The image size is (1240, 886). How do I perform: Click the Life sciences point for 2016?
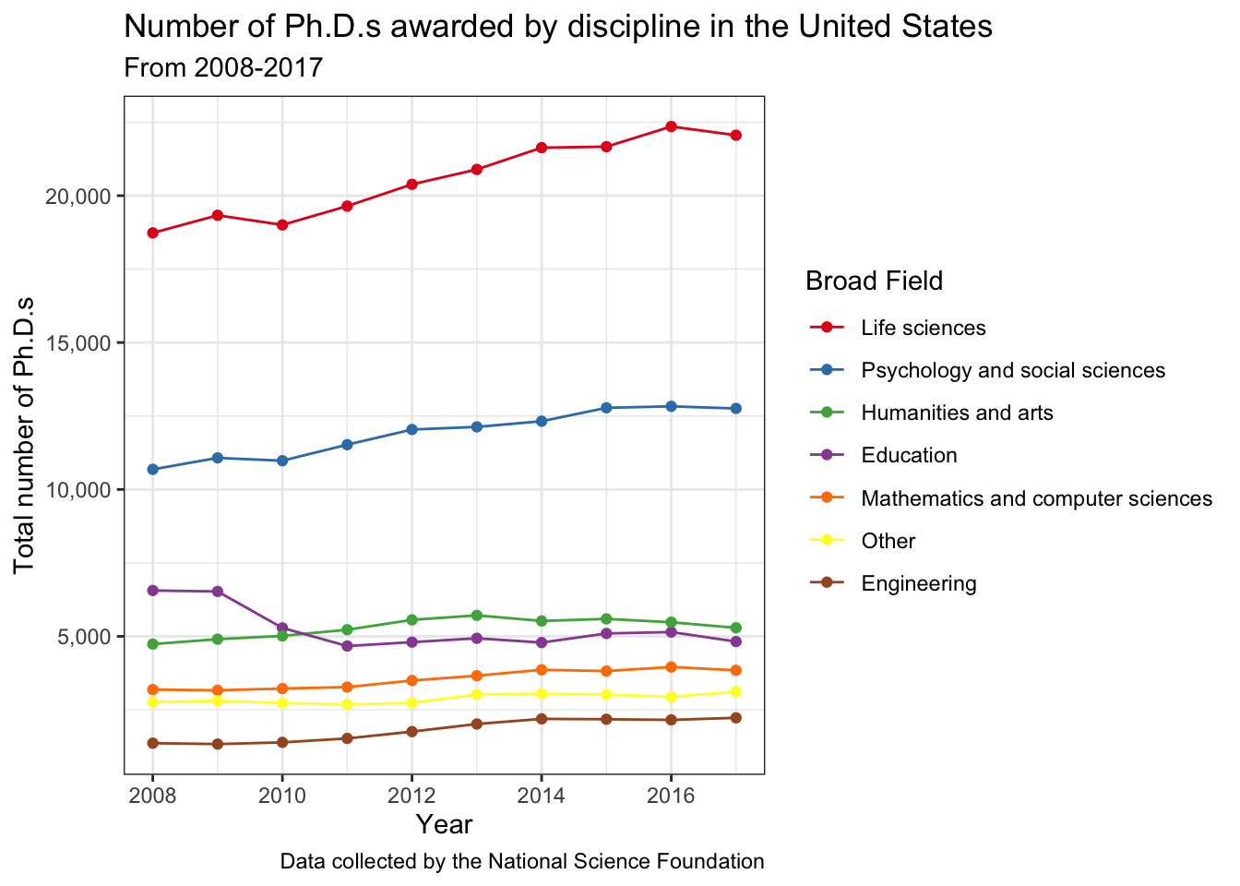click(x=671, y=126)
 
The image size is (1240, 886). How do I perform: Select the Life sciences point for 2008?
click(x=152, y=233)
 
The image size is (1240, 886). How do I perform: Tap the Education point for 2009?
click(x=218, y=592)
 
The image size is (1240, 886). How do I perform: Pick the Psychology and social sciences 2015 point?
click(x=606, y=408)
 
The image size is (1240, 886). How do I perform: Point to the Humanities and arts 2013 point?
click(x=477, y=616)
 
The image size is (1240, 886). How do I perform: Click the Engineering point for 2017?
click(x=736, y=717)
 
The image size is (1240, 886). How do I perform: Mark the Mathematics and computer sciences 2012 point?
click(x=411, y=680)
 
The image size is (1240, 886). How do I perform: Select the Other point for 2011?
click(x=347, y=704)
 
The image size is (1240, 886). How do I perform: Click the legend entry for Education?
click(x=909, y=456)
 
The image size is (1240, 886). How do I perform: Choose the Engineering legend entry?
click(x=918, y=583)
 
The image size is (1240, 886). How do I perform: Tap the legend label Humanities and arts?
click(x=957, y=413)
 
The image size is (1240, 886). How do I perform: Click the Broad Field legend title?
click(x=874, y=281)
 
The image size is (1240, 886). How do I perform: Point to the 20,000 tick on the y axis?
click(x=78, y=197)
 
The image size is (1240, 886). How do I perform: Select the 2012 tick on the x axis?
click(x=411, y=796)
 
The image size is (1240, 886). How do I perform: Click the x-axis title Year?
click(x=444, y=824)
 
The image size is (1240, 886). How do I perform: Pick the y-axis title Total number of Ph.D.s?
click(x=25, y=434)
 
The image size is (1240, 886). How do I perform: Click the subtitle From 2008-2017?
click(x=223, y=67)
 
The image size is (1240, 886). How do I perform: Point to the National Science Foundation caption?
click(x=521, y=862)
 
